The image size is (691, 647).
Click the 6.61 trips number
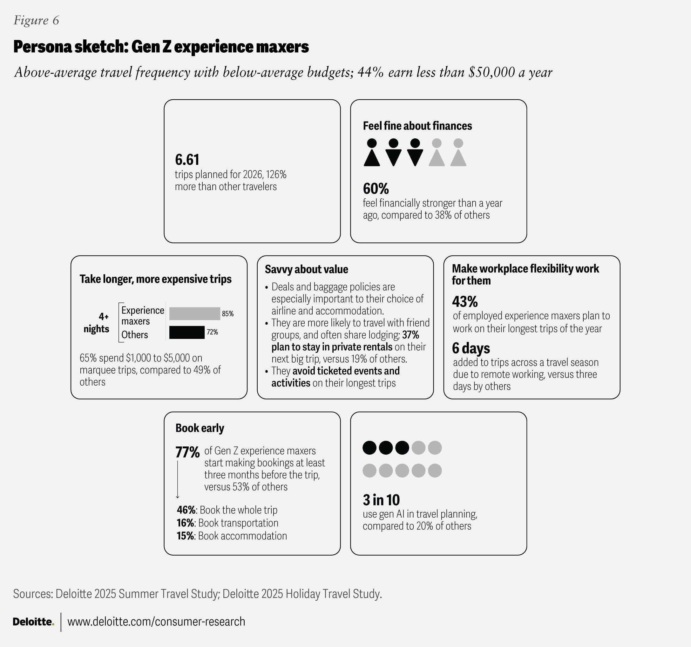click(187, 160)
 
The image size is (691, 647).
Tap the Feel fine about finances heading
click(417, 126)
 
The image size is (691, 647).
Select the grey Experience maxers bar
click(194, 314)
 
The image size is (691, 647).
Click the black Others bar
click(187, 332)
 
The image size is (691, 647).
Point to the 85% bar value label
click(228, 314)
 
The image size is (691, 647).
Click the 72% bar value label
click(212, 332)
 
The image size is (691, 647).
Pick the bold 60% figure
click(376, 189)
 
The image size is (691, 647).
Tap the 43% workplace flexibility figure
click(465, 302)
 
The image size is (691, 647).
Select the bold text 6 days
click(471, 348)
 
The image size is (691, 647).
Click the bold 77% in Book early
click(187, 452)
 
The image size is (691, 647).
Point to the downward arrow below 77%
click(178, 479)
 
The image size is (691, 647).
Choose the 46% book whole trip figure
click(186, 510)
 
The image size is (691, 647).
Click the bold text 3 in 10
click(381, 500)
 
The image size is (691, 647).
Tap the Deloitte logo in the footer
click(33, 622)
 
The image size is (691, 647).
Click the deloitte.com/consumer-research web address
click(156, 622)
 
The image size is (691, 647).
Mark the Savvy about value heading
click(306, 269)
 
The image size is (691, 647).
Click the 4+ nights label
click(97, 322)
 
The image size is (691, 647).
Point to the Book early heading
click(200, 428)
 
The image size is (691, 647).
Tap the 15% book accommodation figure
click(185, 536)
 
